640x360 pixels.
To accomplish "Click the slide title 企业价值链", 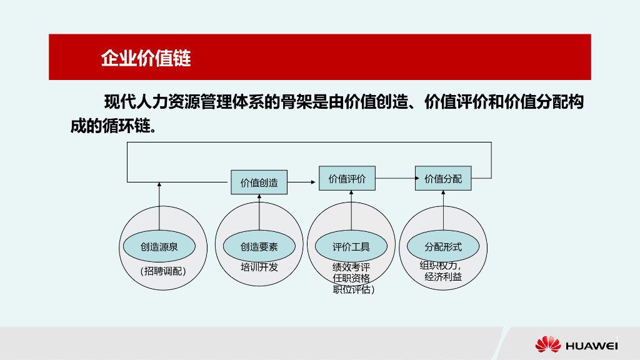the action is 146,58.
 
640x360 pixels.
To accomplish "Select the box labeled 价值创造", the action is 259,182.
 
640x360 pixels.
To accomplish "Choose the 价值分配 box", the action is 443,179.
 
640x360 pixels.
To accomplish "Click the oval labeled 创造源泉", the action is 159,247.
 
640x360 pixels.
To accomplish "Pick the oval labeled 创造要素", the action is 259,247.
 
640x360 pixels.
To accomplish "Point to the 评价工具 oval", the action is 351,247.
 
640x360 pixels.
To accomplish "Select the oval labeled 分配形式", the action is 443,247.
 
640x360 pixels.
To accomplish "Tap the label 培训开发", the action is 259,267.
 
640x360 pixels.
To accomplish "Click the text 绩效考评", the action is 351,267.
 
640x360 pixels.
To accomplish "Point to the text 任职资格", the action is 351,278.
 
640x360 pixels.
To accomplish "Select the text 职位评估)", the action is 354,289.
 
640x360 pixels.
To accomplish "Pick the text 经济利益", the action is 443,276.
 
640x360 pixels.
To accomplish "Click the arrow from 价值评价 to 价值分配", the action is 396,179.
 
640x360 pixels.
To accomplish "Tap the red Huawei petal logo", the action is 547,344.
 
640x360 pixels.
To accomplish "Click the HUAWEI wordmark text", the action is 591,346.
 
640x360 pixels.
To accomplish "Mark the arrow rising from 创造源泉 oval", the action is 159,206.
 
